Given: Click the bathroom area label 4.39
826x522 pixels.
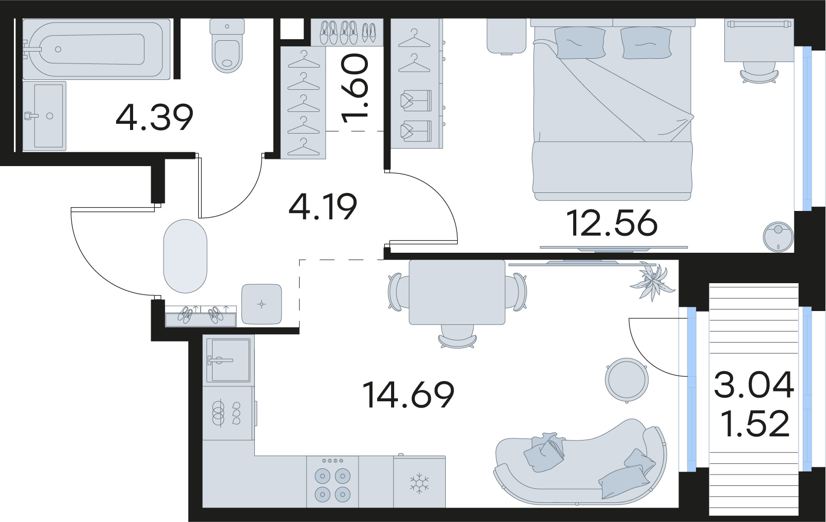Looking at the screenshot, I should pyautogui.click(x=154, y=117).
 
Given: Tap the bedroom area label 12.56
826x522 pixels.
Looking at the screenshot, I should pyautogui.click(x=612, y=223).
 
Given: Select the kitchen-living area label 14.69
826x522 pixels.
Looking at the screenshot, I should pyautogui.click(x=408, y=395).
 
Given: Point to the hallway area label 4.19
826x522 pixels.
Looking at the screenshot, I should pyautogui.click(x=323, y=206).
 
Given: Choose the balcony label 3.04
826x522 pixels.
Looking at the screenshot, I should pyautogui.click(x=754, y=385).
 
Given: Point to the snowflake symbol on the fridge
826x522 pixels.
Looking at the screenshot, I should pyautogui.click(x=419, y=483).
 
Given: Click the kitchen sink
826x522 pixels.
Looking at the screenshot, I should pyautogui.click(x=229, y=360).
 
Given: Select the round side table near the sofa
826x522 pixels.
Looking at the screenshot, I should pyautogui.click(x=625, y=380).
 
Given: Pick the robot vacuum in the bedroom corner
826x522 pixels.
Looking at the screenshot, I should pyautogui.click(x=778, y=236).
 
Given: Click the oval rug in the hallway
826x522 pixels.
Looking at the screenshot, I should pyautogui.click(x=185, y=256).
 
